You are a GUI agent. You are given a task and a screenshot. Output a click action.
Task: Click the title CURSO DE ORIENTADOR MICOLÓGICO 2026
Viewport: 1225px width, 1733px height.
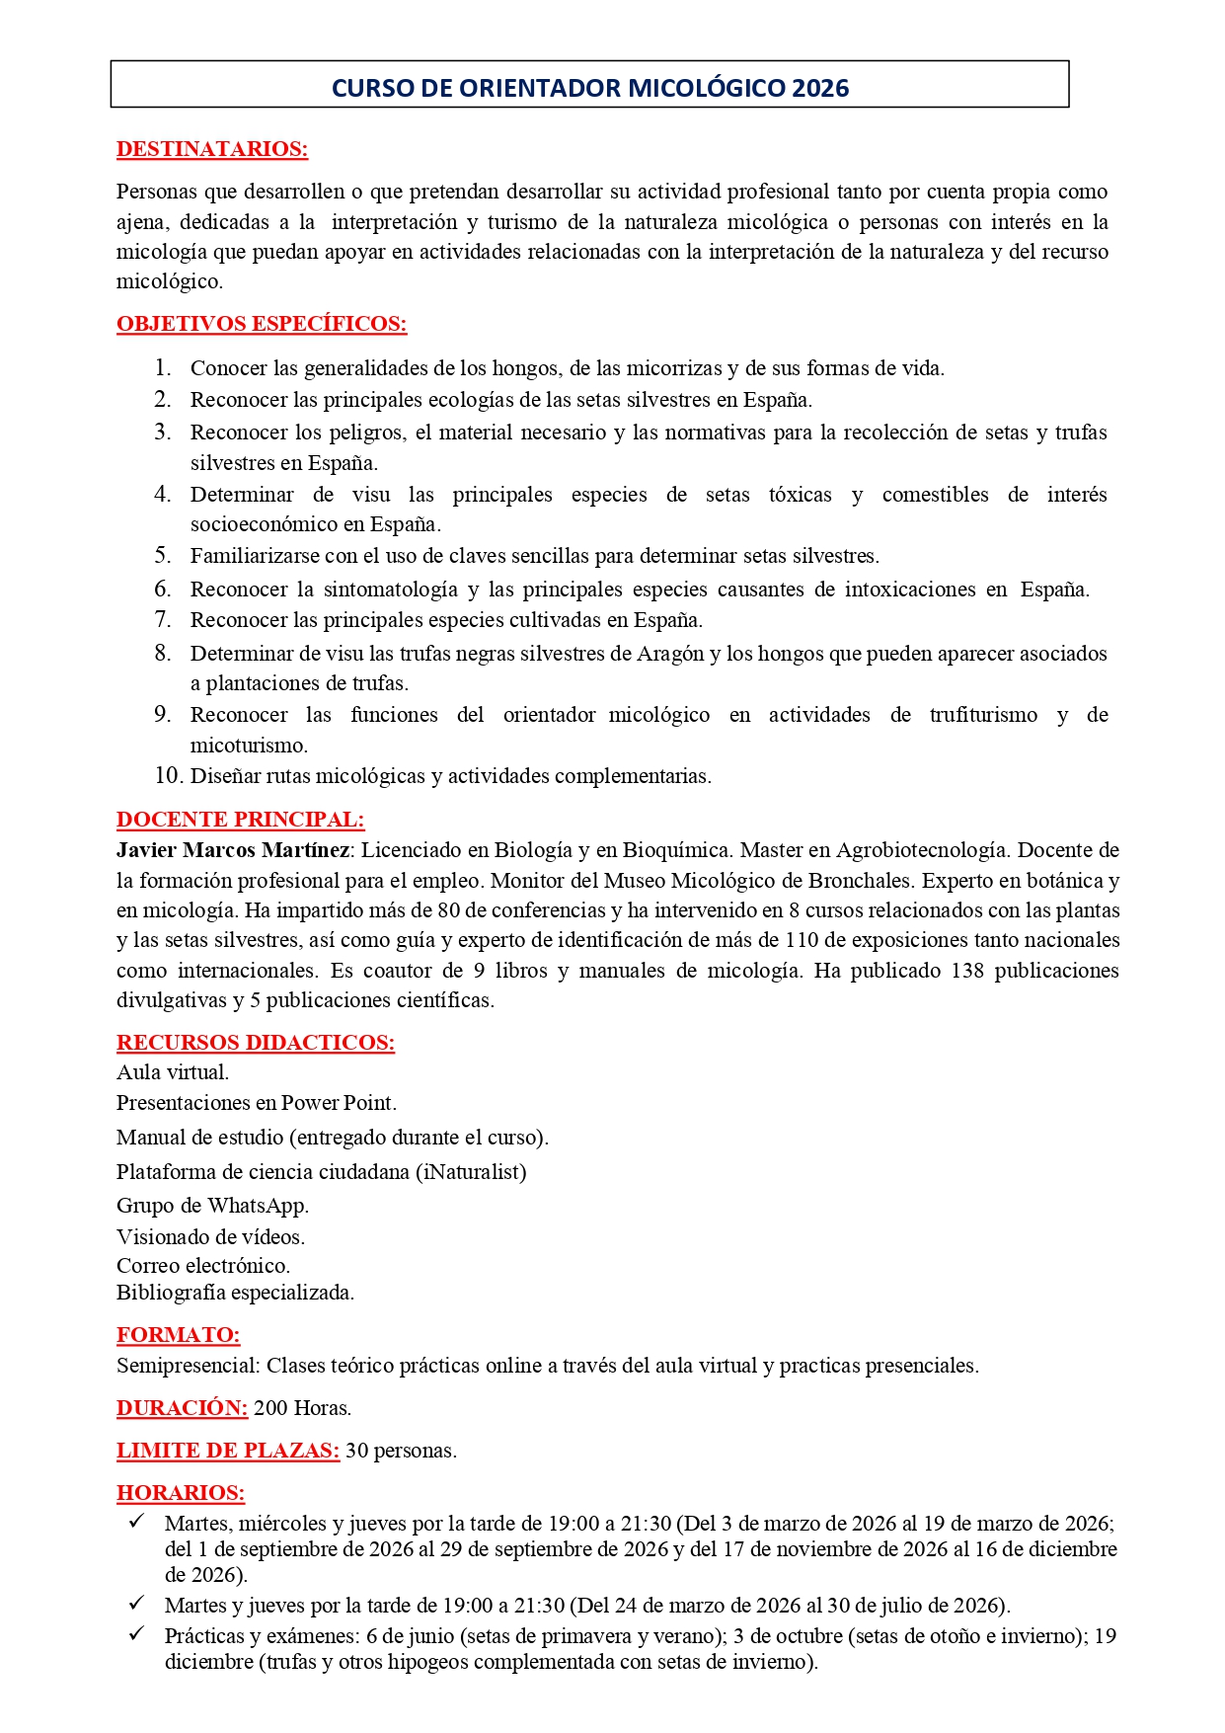point(589,88)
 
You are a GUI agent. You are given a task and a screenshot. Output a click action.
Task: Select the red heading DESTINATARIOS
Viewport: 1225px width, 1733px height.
point(211,149)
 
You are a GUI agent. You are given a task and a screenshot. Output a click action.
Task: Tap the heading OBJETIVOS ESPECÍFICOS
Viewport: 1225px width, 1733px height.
point(262,324)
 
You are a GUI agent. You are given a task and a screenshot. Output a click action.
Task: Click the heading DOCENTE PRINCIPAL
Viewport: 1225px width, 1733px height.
point(240,820)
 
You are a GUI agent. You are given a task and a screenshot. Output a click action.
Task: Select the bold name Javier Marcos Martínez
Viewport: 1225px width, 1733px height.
point(232,850)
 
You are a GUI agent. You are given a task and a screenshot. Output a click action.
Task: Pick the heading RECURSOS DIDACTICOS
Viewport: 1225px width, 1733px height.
point(255,1043)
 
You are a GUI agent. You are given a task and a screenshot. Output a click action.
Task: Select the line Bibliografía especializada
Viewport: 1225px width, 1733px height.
point(235,1293)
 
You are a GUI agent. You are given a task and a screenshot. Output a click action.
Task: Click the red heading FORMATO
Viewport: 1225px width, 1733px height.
point(178,1335)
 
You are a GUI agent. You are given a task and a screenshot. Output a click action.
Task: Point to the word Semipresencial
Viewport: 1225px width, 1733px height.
point(188,1366)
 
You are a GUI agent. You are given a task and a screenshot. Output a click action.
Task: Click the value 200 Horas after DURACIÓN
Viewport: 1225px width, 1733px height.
point(302,1408)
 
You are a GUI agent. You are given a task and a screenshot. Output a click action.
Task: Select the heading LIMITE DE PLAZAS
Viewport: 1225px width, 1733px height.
point(227,1451)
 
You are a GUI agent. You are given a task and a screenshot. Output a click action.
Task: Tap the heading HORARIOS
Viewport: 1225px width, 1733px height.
point(180,1493)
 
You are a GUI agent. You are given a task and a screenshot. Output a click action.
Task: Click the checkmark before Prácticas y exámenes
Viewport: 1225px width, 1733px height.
point(137,1633)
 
